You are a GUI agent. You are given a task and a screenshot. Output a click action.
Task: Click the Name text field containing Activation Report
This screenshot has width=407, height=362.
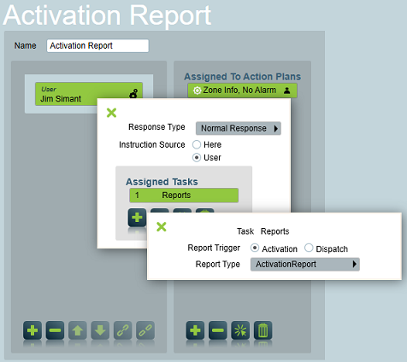coord(97,46)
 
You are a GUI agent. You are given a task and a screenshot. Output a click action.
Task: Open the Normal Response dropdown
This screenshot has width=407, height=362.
coord(239,128)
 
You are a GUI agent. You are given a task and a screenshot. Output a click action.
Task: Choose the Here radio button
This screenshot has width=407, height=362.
coord(197,144)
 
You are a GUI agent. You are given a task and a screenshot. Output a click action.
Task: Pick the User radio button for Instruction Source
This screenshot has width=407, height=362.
coord(197,157)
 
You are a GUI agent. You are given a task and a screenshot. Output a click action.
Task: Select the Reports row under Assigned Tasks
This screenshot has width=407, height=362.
coord(184,196)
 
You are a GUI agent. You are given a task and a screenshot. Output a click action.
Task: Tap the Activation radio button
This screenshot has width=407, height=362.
coord(255,248)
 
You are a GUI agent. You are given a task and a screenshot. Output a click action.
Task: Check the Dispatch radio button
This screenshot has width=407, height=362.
coord(309,248)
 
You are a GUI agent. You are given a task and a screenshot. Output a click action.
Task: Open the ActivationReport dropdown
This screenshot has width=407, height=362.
coord(305,265)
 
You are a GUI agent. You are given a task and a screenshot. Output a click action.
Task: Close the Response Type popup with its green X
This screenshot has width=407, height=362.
coord(111,113)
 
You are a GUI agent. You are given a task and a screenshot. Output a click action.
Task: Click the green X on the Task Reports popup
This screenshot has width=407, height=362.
coord(162,227)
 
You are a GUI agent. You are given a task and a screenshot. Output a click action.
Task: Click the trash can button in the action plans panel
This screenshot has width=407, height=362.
coord(262,330)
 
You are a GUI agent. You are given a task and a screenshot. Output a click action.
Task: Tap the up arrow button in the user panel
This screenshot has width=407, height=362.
coord(78,330)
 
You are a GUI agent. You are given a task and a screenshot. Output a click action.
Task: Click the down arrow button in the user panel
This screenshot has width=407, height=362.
coord(100,330)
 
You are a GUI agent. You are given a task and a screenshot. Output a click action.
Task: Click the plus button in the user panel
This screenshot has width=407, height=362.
coord(32,330)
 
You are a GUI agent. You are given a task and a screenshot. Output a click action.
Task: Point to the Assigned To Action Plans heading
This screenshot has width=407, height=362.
coord(242,77)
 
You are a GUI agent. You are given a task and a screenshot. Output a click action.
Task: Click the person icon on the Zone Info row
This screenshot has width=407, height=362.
coord(287,90)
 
